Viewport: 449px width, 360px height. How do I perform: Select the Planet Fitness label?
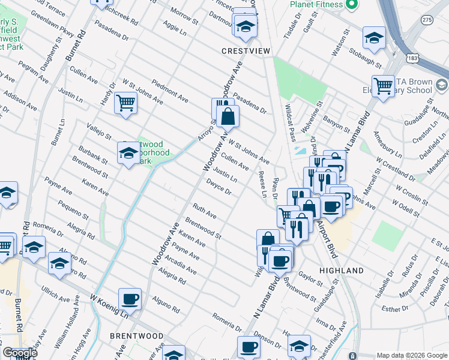tap(316, 4)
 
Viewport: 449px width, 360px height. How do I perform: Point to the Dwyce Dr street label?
tap(218, 188)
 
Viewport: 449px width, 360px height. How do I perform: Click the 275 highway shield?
tap(426, 20)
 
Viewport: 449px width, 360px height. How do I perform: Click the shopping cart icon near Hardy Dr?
tap(126, 103)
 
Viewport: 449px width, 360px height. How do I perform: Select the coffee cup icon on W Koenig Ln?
tap(130, 299)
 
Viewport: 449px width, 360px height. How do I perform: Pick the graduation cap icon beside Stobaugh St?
tap(374, 38)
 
